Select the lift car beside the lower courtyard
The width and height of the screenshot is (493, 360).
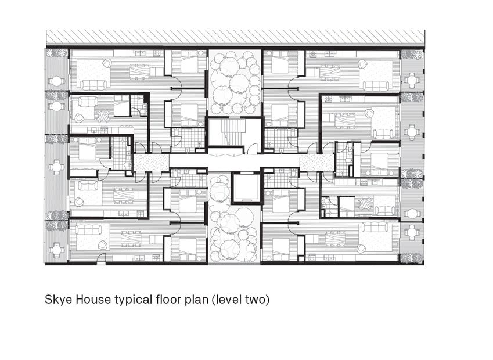click(x=246, y=188)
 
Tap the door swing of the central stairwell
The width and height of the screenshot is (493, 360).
click(x=251, y=147)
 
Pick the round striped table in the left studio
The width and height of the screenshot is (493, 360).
click(x=103, y=116)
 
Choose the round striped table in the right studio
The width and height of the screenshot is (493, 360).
click(x=366, y=203)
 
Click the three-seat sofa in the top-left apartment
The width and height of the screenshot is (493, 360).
click(x=93, y=84)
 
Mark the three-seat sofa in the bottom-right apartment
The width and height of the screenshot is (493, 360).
click(x=375, y=227)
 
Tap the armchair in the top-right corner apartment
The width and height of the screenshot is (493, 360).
click(x=363, y=65)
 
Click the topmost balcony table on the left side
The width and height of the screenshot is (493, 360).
click(x=56, y=81)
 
